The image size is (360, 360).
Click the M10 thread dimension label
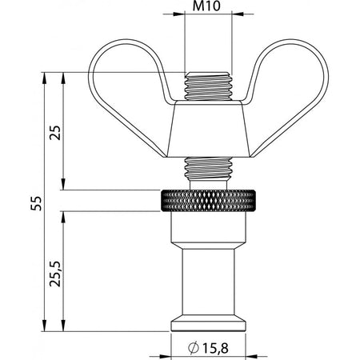[x=206, y=6]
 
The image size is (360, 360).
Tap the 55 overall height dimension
[x=36, y=203]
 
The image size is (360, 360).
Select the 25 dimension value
[x=55, y=133]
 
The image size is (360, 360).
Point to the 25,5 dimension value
[x=55, y=274]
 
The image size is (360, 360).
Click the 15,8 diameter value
[x=216, y=348]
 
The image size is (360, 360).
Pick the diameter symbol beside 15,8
[x=194, y=348]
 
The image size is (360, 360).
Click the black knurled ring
[x=208, y=201]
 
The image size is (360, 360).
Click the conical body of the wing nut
[x=208, y=129]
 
